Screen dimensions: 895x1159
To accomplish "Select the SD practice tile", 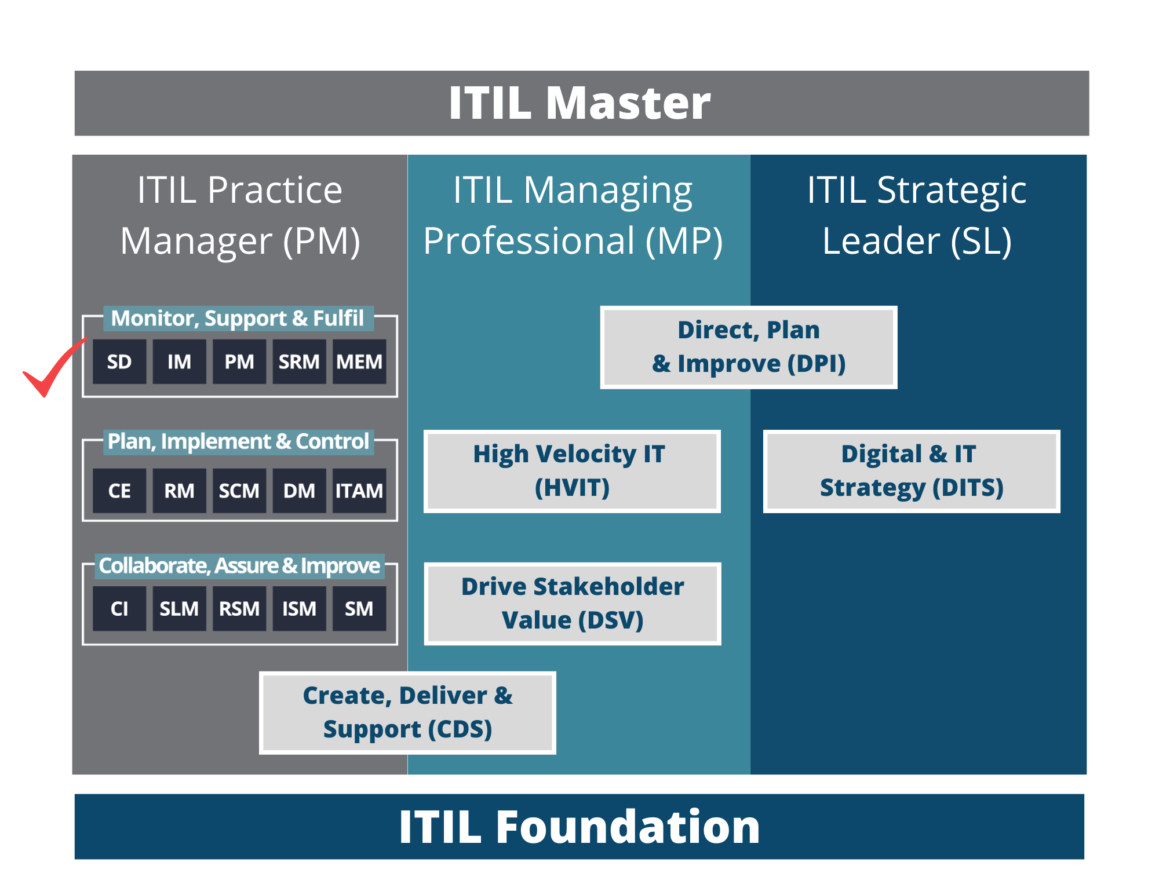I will pos(119,361).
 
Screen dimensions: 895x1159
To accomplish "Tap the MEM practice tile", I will pos(359,361).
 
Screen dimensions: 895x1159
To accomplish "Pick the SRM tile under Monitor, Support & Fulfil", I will pos(299,361).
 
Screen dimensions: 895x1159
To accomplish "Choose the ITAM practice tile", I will pos(359,491).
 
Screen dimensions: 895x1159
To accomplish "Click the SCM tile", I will pos(239,491).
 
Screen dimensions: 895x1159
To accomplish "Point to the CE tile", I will pos(119,491).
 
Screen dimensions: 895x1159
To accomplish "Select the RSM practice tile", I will pos(239,608).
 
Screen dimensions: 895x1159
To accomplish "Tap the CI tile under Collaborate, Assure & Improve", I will pos(119,608).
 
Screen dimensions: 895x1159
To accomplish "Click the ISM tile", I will pos(299,608).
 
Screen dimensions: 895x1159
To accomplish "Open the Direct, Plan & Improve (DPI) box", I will pos(749,347).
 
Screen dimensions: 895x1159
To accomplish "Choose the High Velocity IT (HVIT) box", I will pos(572,471).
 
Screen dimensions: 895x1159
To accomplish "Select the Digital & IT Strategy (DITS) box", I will pos(912,471).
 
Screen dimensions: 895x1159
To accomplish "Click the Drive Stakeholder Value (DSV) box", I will pos(573,604).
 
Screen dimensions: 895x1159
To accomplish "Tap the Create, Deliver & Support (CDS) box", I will pos(407,713).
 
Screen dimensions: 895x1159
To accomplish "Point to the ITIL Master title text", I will pos(579,103).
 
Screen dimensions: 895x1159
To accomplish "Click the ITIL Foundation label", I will pos(579,827).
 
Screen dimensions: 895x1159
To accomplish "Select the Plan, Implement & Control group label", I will pos(238,441).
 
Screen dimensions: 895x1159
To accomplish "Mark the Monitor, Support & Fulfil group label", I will pos(238,318).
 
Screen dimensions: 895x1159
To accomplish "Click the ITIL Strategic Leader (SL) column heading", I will pos(917,215).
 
